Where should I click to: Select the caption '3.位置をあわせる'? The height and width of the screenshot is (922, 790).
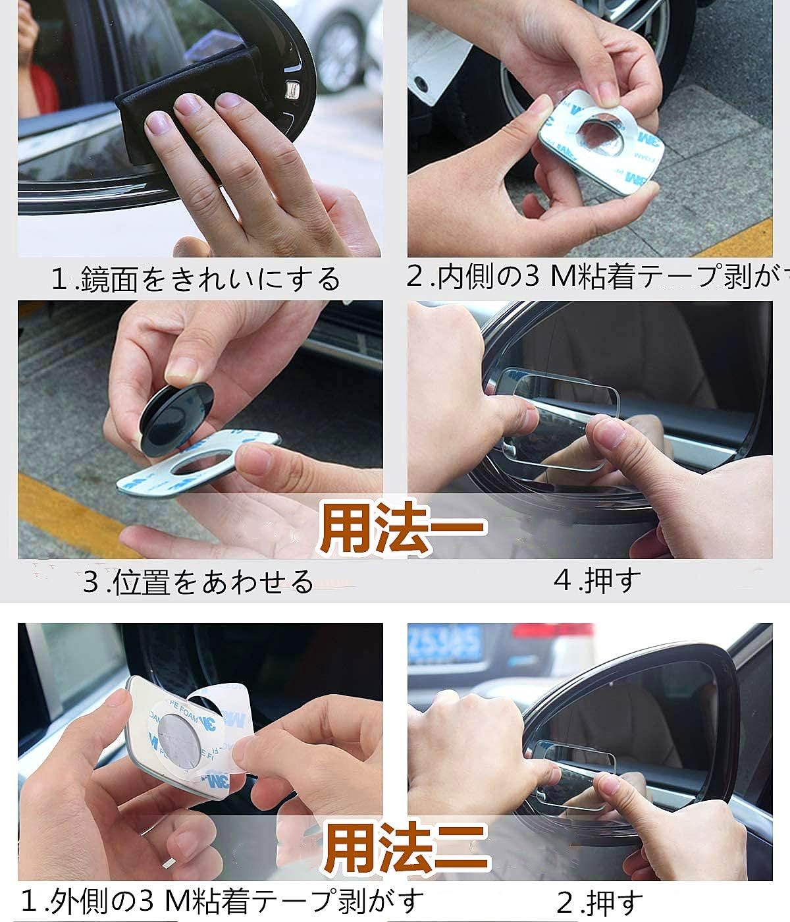pos(197,582)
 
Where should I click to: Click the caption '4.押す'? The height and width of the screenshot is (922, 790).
pos(596,580)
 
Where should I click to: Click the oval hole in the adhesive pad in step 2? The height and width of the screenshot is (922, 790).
pos(602,131)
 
